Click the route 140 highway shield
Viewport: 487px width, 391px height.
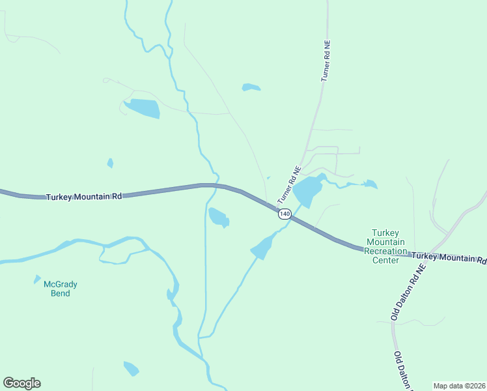pos(284,214)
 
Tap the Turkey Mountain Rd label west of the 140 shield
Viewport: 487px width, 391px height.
pos(84,196)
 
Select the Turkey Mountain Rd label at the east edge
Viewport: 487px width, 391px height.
pos(449,258)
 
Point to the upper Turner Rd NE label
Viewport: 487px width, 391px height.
pos(326,62)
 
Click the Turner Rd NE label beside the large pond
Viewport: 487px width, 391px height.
pos(289,184)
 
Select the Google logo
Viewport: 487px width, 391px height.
pos(21,383)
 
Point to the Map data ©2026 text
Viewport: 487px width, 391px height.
pos(459,385)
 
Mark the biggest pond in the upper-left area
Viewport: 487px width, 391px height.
pos(143,108)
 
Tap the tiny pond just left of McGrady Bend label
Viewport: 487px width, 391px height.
pos(37,280)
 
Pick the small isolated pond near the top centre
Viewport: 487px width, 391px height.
pos(251,87)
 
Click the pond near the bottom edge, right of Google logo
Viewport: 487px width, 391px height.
pos(132,368)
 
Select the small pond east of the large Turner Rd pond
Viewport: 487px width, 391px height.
pos(370,184)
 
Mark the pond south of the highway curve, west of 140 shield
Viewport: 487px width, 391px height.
pos(218,216)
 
